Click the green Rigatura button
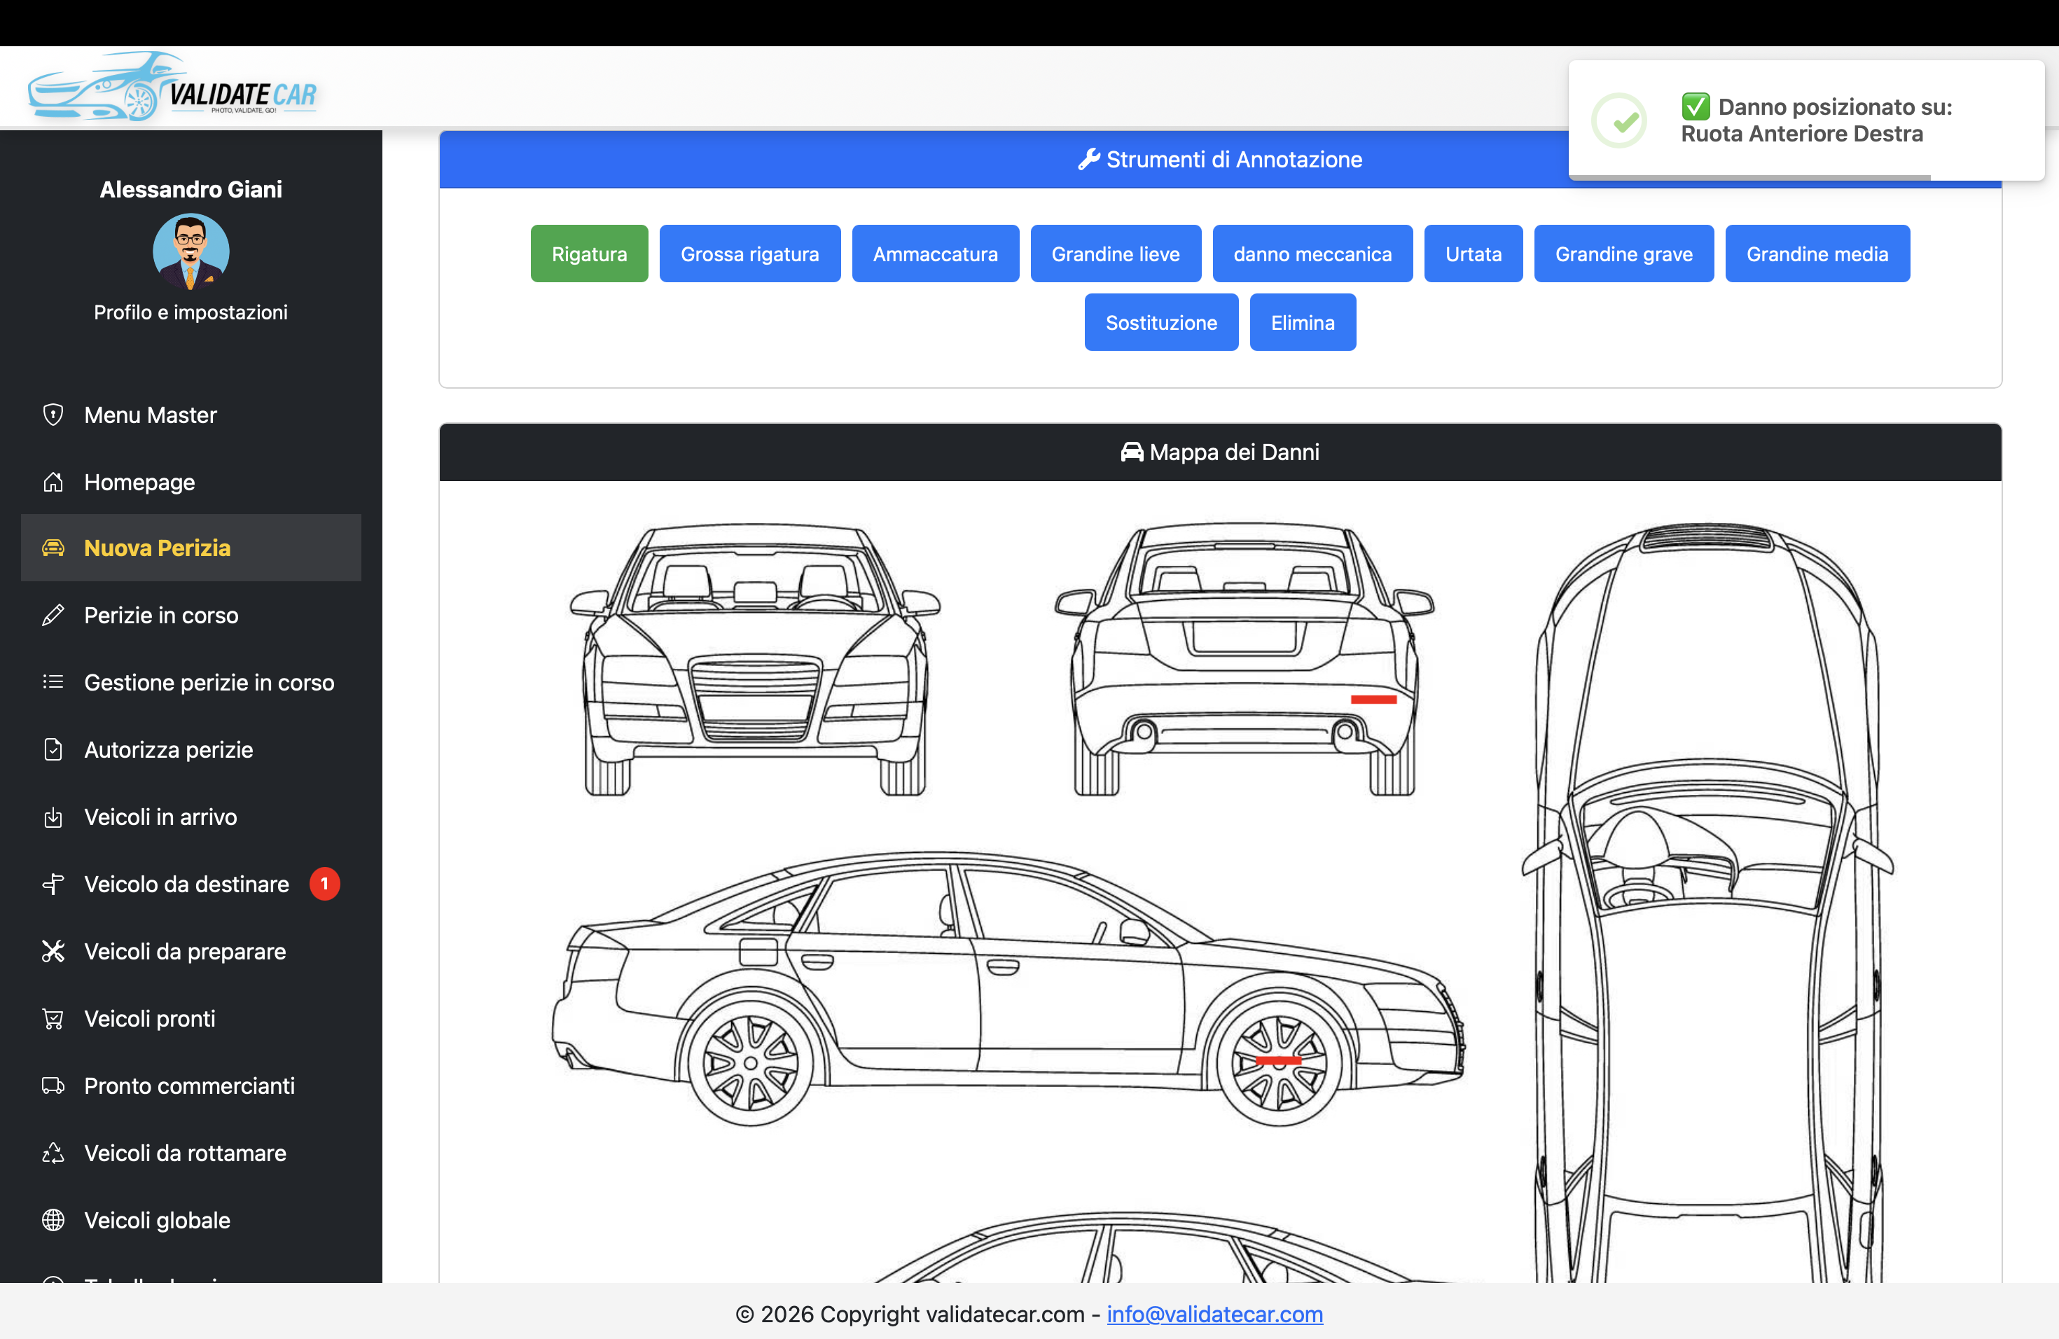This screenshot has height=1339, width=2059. click(589, 254)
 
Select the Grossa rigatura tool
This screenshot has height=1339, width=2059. click(749, 254)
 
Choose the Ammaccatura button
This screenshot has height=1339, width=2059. click(934, 254)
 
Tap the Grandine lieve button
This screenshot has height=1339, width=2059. click(1115, 254)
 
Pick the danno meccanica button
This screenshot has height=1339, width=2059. click(1312, 254)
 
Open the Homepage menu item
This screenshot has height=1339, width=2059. click(139, 482)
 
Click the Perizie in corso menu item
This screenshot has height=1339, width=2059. click(161, 615)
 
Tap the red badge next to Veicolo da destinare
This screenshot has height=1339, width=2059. click(324, 883)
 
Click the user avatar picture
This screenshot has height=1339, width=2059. click(190, 251)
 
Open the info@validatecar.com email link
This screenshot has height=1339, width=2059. click(1214, 1314)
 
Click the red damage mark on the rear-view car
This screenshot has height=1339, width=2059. click(1373, 699)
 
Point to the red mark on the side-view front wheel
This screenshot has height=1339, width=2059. click(1278, 1060)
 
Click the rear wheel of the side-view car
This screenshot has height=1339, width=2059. click(750, 1063)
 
